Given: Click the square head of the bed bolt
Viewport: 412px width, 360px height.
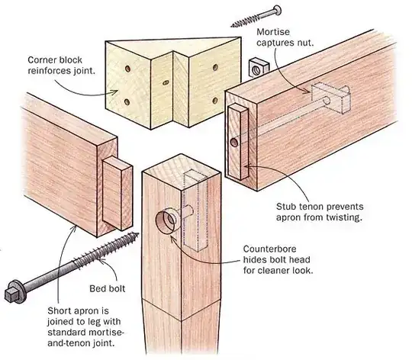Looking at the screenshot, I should pos(14,291).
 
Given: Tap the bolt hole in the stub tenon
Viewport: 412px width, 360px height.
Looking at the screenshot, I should pos(232,143).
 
